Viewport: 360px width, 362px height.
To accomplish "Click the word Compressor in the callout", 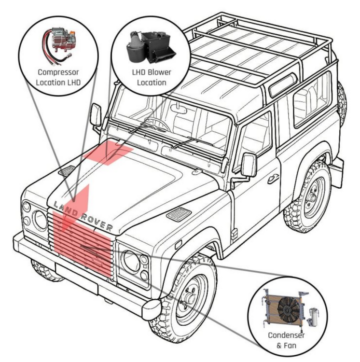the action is tap(58, 72).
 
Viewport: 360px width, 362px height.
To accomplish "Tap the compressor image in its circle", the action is tap(58, 45).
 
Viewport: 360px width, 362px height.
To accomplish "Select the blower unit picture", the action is tap(151, 47).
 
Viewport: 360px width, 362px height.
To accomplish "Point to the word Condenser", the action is tap(286, 335).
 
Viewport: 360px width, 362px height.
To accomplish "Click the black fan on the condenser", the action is tap(288, 309).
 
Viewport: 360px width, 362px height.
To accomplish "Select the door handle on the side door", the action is tap(273, 179).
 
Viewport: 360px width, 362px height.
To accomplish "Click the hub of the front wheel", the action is tap(189, 299).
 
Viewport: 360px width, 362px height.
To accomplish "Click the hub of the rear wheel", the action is tap(312, 198).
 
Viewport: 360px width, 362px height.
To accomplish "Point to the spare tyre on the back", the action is tap(342, 103).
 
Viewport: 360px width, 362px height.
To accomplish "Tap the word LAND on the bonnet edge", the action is tap(66, 209).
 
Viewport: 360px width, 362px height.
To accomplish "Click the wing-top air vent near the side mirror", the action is tap(179, 214).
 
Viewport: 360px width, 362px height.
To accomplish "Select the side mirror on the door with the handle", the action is tap(249, 165).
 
